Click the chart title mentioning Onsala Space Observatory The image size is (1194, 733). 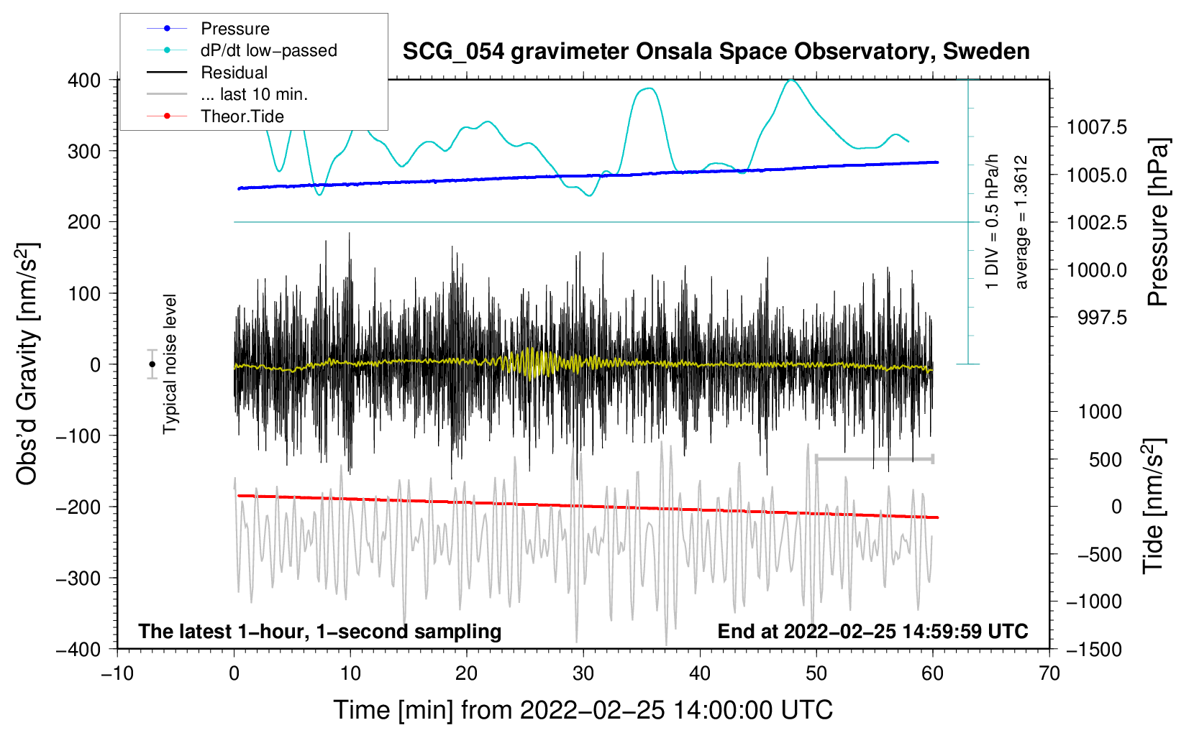pos(716,52)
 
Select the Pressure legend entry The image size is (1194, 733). pos(208,28)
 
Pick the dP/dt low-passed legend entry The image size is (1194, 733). pos(242,50)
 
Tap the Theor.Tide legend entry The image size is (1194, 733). pos(215,116)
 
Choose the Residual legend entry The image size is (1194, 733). pos(207,73)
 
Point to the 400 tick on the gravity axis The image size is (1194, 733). pos(84,80)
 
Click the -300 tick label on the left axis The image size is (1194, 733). pos(78,578)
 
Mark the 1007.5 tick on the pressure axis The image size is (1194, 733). pos(1097,126)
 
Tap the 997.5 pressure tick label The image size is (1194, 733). pos(1103,318)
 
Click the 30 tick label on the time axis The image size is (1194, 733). pos(583,674)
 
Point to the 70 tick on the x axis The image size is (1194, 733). pos(1049,674)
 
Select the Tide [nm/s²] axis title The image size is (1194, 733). pos(1154,506)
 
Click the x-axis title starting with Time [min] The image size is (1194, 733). pos(583,710)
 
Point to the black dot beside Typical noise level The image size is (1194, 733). pos(152,364)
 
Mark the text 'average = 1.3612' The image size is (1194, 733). pos(1020,222)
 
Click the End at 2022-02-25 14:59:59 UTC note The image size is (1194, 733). pos(872,631)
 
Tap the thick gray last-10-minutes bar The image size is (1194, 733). pos(874,458)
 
